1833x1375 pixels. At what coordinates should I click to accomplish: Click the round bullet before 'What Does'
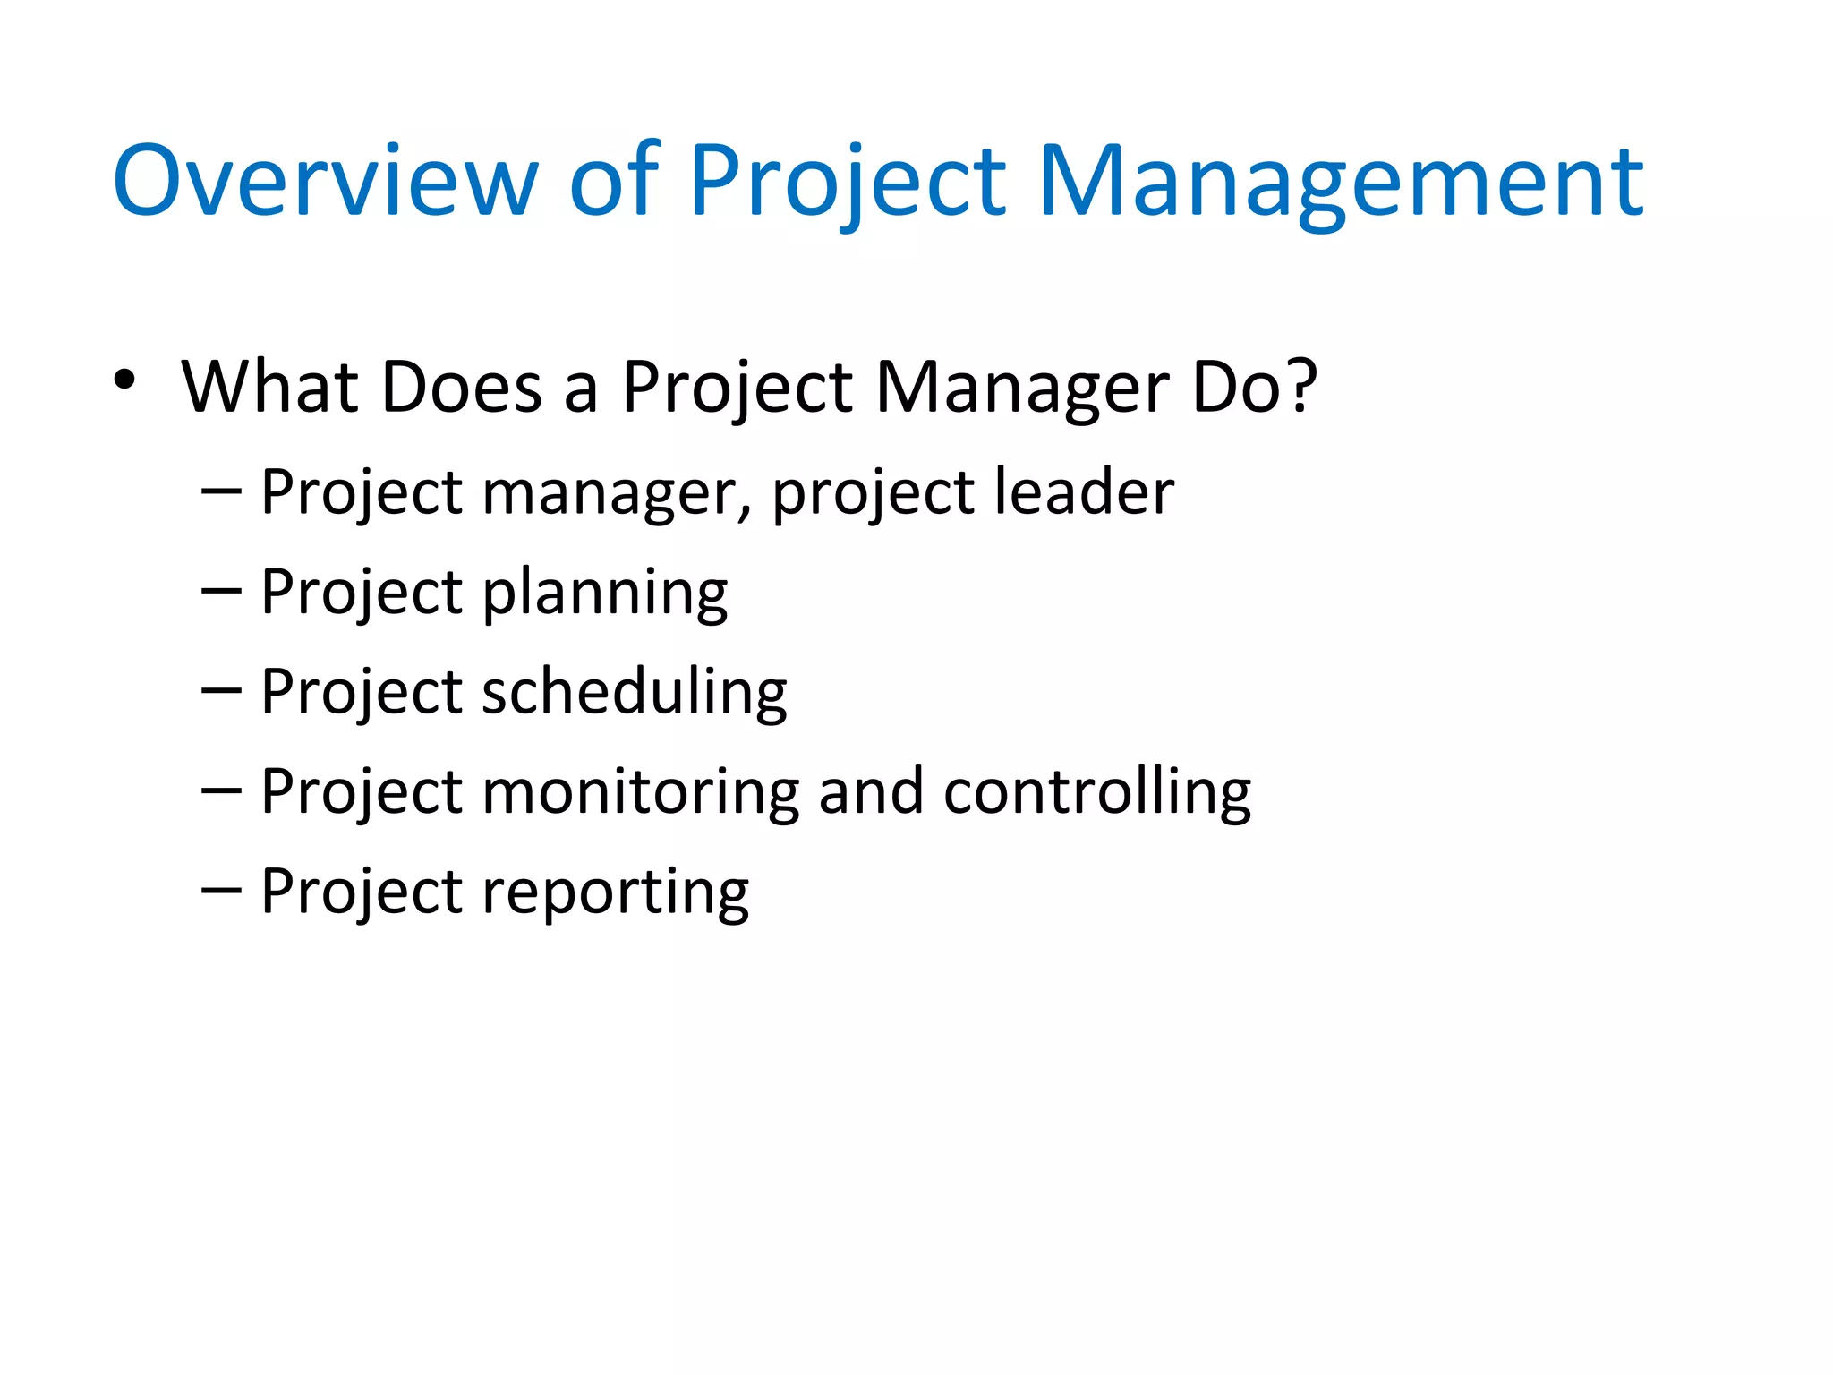124,380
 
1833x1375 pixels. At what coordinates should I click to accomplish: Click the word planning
605,594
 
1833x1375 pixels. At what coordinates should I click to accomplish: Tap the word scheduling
634,693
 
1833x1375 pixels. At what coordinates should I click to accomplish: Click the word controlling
1097,793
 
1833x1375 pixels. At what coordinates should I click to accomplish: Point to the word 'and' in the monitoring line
870,791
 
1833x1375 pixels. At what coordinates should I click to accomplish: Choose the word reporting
615,893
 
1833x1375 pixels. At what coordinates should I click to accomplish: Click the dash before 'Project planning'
221,592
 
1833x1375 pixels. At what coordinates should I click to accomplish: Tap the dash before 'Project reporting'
221,891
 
